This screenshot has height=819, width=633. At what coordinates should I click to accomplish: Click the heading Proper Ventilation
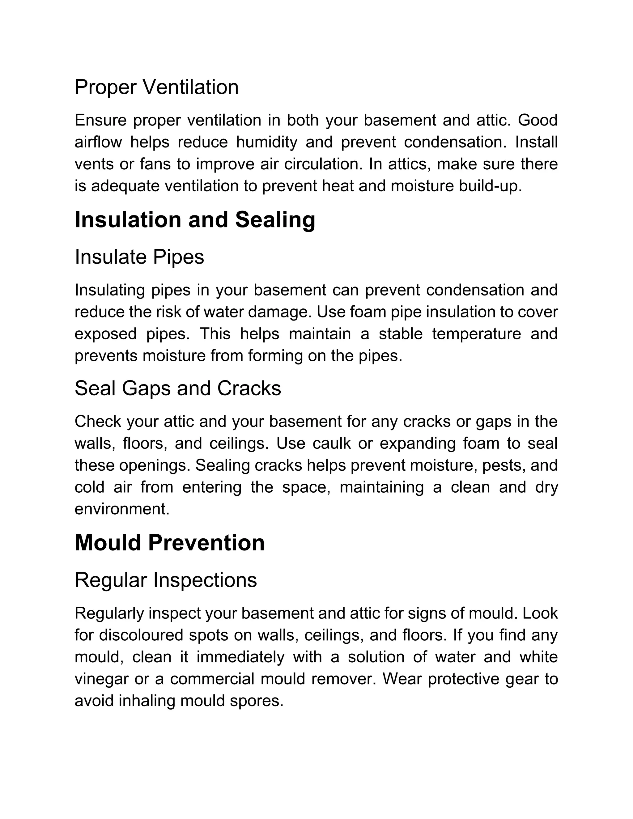point(156,87)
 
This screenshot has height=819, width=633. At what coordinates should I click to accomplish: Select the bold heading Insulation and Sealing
point(195,220)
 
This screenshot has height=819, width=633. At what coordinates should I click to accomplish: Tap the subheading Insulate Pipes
point(139,257)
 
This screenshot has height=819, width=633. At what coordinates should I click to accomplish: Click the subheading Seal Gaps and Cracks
point(178,388)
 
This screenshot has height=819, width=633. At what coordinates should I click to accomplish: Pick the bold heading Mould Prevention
point(169,543)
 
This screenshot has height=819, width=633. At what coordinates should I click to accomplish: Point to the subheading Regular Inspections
point(166,580)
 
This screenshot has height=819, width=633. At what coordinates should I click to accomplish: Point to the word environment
point(122,509)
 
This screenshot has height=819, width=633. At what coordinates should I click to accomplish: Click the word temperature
point(476,334)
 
